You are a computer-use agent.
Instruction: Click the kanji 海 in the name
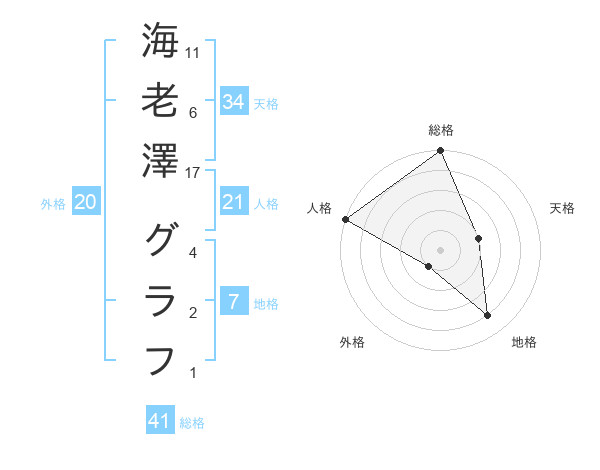coord(160,41)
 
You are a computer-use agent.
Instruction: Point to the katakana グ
coord(160,240)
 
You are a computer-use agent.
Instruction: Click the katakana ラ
coord(160,299)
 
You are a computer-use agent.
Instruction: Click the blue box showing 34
coord(234,102)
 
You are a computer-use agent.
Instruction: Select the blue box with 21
coord(234,203)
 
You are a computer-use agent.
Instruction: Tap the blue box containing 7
coord(234,302)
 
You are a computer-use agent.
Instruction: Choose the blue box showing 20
coord(86,203)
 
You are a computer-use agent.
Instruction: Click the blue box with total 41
coord(160,421)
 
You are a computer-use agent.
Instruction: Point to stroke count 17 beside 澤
coord(194,173)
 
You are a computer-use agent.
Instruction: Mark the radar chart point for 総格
coord(440,152)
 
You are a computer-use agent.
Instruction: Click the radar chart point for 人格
coord(345,218)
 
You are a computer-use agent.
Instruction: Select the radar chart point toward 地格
coord(487,316)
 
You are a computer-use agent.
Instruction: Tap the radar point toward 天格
coord(479,238)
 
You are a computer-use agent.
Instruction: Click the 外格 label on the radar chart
coord(352,343)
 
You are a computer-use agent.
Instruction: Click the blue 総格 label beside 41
coord(192,423)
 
